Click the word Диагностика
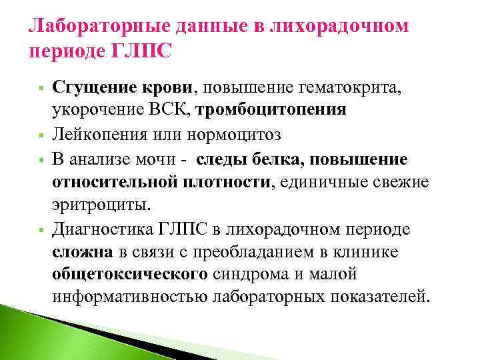[99, 229]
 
